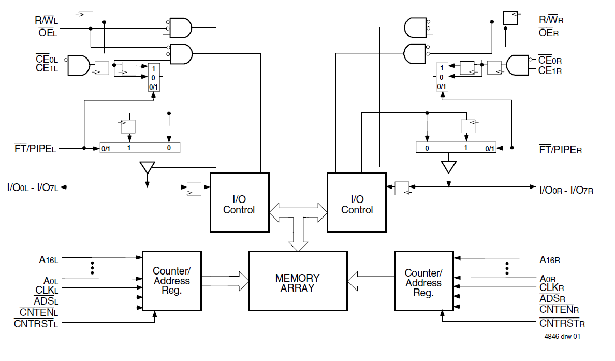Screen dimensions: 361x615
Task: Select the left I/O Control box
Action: tap(239, 203)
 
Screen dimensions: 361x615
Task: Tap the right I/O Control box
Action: tap(357, 203)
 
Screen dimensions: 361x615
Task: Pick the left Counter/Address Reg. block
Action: tap(171, 281)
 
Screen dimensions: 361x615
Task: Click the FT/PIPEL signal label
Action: tap(35, 149)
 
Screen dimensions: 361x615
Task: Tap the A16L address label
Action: tap(49, 260)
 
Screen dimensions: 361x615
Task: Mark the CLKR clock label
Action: tap(551, 288)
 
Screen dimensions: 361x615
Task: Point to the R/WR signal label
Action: tap(551, 20)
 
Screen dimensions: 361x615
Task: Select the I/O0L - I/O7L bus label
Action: tap(33, 187)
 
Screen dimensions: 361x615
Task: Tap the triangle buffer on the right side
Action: tap(449, 167)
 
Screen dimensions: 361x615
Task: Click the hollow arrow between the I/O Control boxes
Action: tap(298, 210)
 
